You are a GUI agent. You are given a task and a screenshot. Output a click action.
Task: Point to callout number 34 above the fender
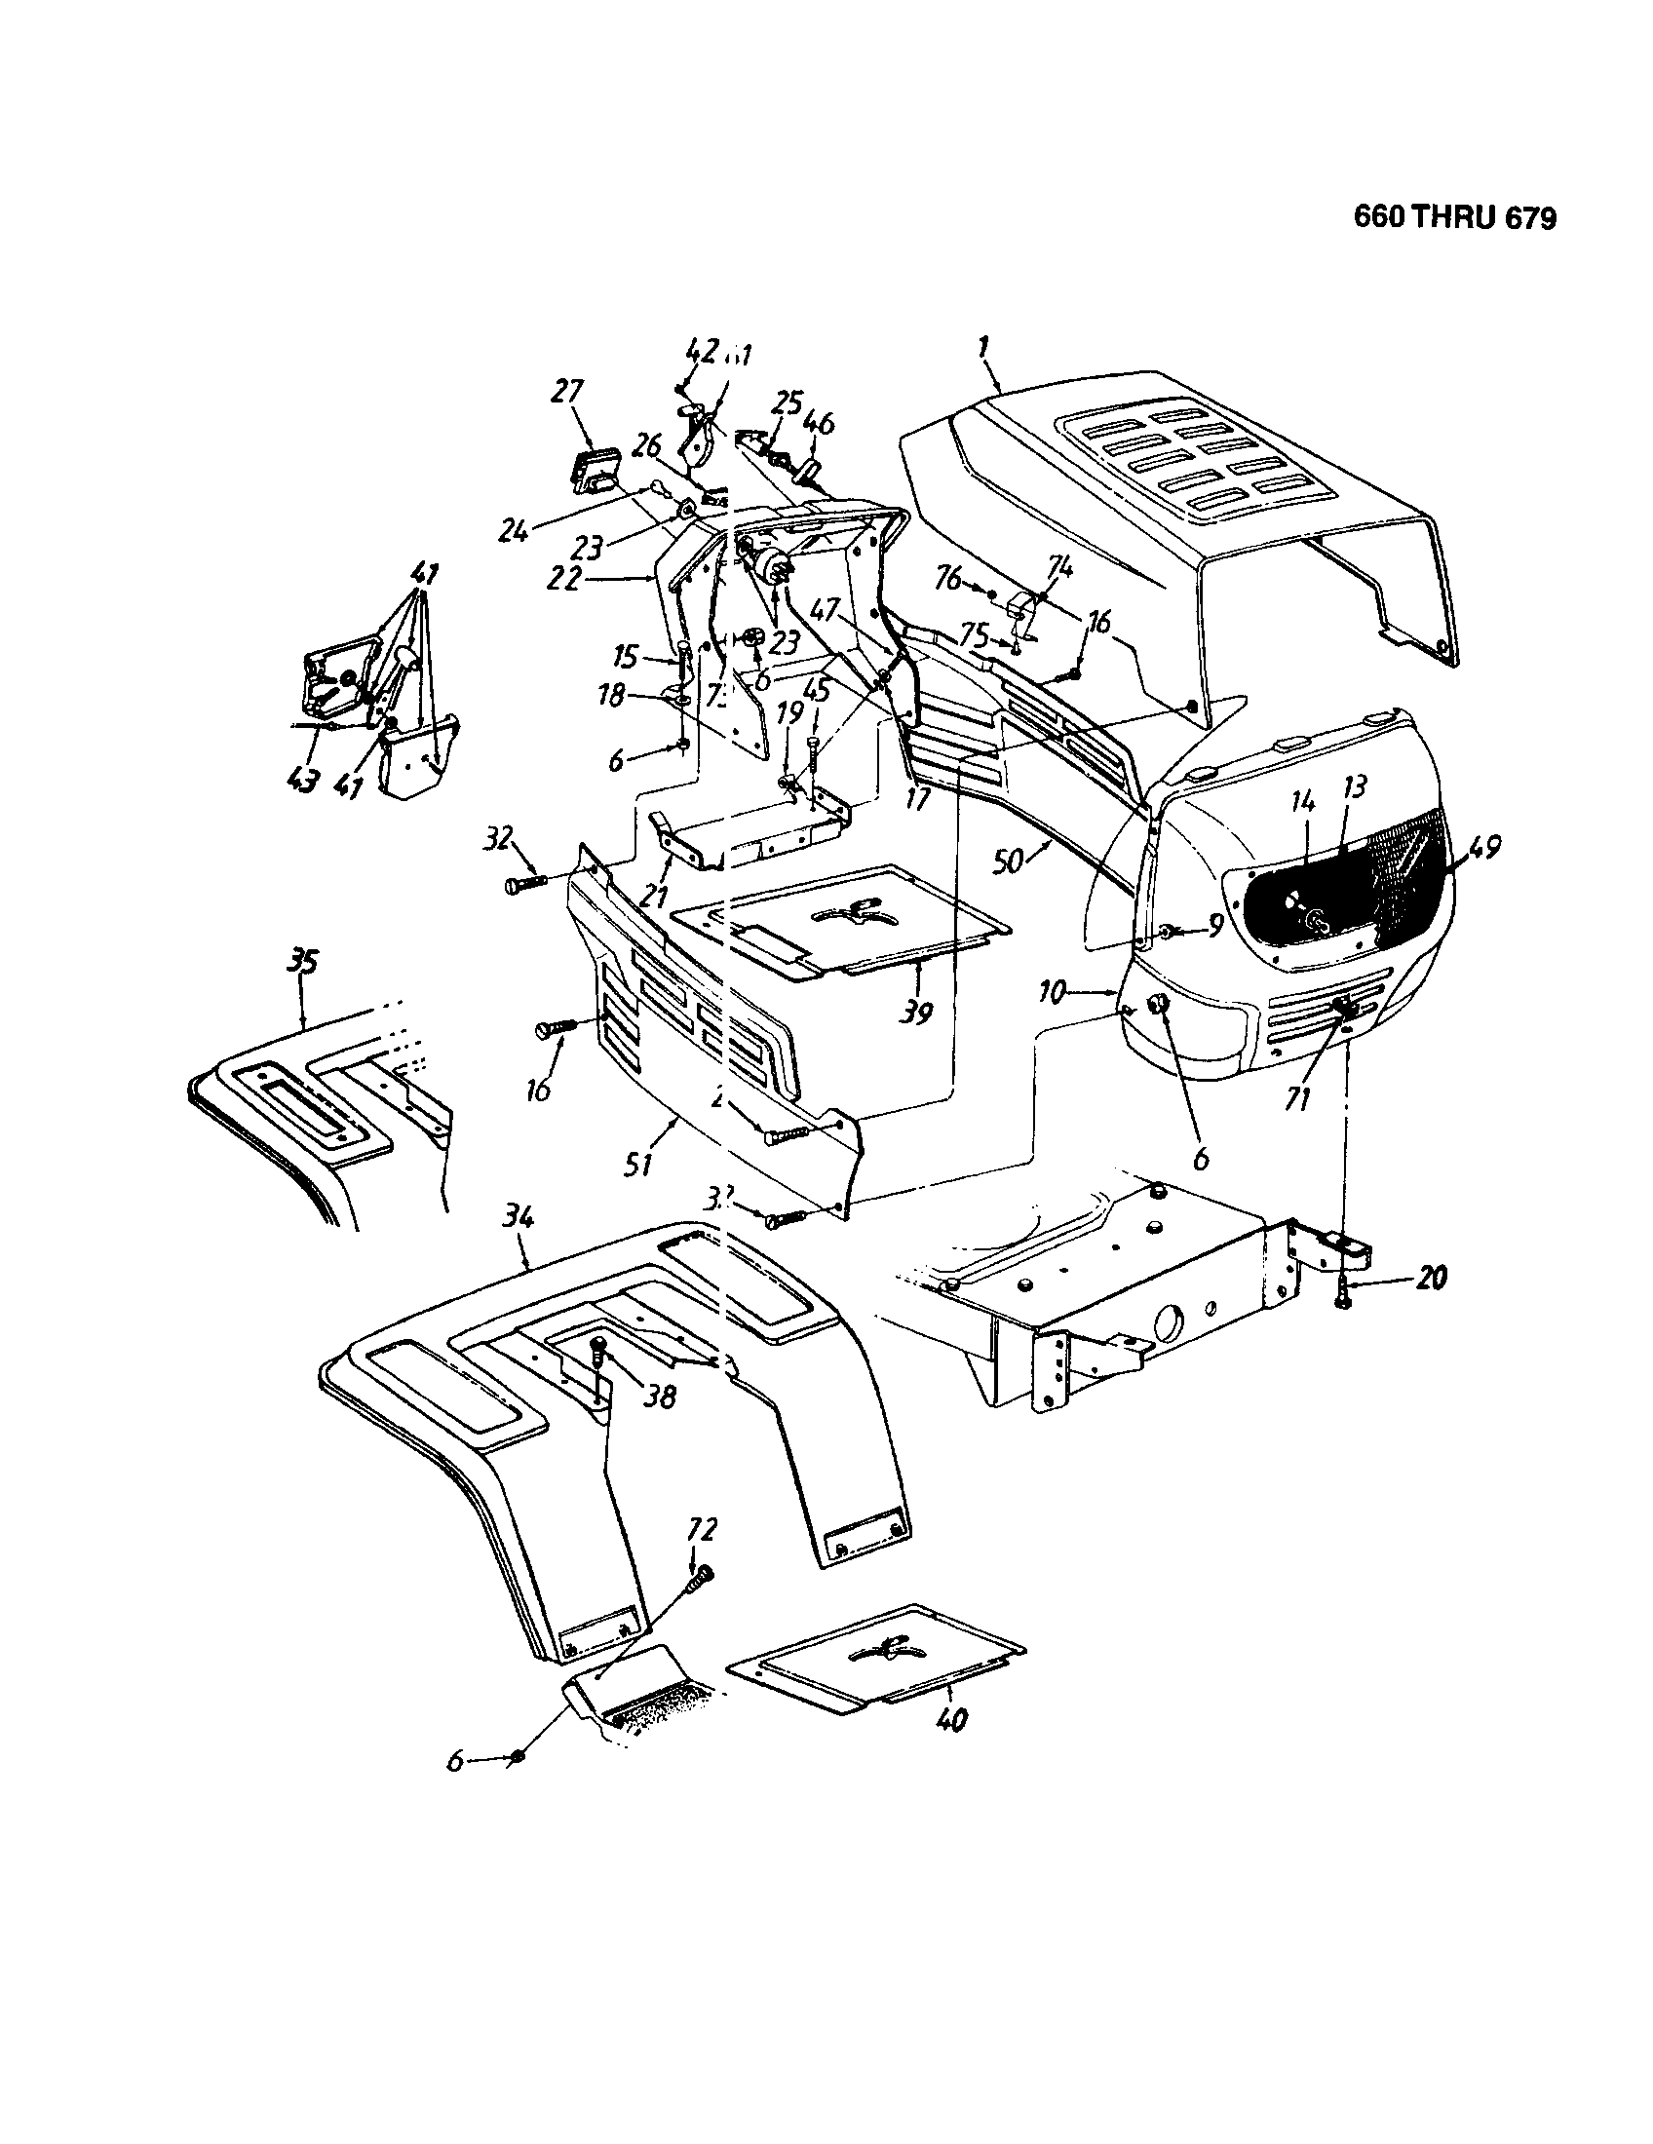pos(518,1219)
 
